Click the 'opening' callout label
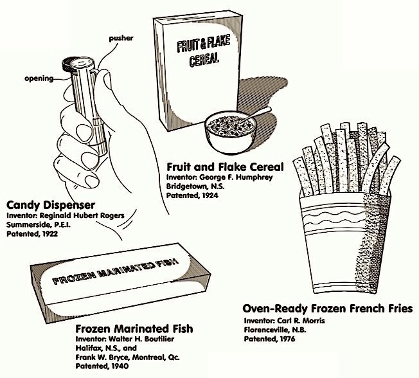[39, 79]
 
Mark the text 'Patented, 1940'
[102, 366]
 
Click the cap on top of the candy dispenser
[75, 63]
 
